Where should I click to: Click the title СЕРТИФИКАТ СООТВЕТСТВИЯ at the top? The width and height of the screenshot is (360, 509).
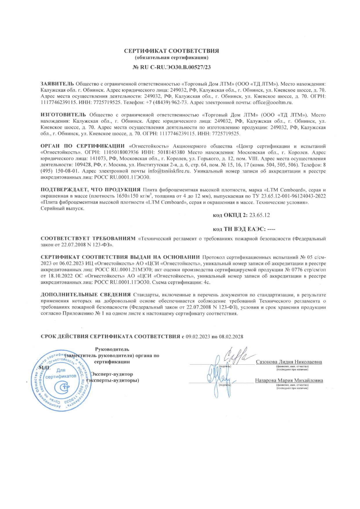click(171, 51)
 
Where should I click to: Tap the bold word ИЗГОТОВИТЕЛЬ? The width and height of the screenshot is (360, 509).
click(63, 115)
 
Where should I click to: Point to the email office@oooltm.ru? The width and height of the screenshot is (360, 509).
click(273, 102)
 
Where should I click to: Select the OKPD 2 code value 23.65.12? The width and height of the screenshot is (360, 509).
click(260, 215)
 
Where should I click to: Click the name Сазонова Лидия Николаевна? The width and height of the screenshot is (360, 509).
click(289, 362)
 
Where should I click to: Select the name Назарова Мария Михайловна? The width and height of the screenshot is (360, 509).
click(289, 381)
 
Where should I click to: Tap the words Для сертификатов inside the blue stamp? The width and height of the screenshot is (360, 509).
click(61, 374)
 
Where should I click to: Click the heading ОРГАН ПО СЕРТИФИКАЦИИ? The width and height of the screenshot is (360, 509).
click(83, 146)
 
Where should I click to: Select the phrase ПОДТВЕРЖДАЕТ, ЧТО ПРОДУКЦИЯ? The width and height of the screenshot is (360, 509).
click(91, 190)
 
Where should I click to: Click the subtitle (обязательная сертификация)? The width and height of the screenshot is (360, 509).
click(171, 57)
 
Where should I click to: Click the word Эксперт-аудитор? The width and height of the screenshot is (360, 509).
click(112, 374)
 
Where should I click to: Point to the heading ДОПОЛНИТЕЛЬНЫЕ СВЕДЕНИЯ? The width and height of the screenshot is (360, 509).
click(86, 295)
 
